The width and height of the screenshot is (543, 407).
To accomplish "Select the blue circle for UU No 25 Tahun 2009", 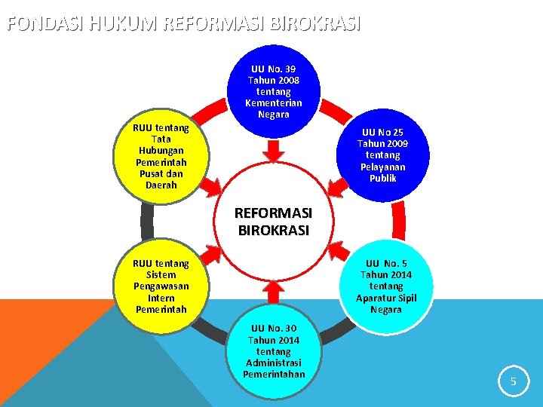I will [x=388, y=155].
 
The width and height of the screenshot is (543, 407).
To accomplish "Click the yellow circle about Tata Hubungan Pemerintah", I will [x=161, y=156].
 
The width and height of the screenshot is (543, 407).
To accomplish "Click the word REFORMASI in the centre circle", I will [x=273, y=214].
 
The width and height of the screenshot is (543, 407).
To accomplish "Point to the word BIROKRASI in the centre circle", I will [x=273, y=231].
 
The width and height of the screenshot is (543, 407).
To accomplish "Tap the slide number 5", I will [x=513, y=382].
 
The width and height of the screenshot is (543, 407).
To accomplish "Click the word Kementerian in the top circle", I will [x=274, y=103].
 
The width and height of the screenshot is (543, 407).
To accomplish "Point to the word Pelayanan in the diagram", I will [x=388, y=167].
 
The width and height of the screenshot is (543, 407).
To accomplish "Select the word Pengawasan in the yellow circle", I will [x=161, y=286].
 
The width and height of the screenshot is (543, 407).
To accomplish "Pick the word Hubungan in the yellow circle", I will [x=161, y=150].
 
